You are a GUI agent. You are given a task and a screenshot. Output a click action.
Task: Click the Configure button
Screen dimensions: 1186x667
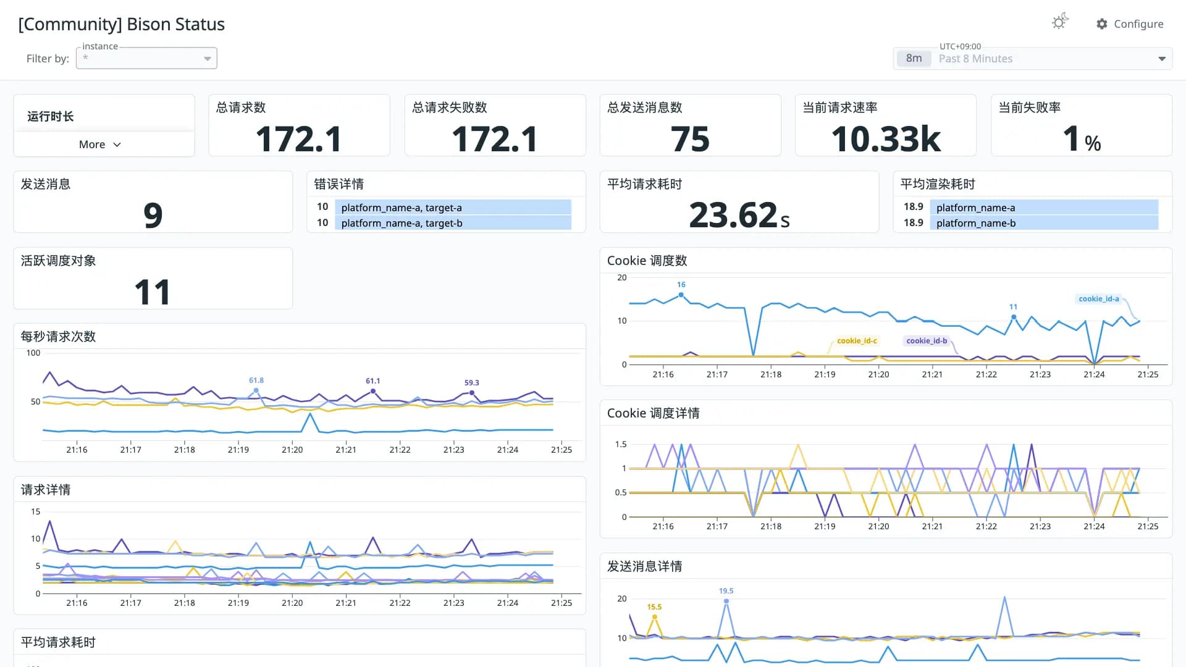pos(1130,24)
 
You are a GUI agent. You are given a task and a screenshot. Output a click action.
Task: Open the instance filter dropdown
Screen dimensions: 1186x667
pos(146,58)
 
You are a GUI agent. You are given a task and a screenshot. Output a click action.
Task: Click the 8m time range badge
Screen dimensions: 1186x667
pos(914,59)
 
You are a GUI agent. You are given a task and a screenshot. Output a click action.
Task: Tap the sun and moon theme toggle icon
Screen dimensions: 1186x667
pos(1060,22)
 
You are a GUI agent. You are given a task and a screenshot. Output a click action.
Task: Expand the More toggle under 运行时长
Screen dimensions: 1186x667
pos(100,145)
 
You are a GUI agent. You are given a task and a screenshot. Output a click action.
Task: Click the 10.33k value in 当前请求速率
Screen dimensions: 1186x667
pos(886,138)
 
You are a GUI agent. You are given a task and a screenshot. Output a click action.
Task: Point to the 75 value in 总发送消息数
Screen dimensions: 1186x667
pos(690,138)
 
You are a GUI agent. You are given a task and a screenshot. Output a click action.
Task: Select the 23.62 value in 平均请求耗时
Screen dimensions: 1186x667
pos(733,215)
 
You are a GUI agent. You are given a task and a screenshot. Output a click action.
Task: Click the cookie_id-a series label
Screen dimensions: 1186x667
pos(1099,299)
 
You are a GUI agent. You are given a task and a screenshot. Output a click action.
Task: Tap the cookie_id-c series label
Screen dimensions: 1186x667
pos(857,341)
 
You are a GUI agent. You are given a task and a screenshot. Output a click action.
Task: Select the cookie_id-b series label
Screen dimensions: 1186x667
pos(927,341)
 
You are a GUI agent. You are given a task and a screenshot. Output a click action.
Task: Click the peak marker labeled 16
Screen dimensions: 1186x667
pos(681,295)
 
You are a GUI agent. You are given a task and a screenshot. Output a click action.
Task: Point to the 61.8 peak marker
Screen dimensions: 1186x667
pos(256,390)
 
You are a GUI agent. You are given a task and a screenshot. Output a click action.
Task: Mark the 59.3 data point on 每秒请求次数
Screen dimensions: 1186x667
pos(472,393)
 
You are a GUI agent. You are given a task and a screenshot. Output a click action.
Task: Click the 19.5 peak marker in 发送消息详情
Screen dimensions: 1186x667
pos(726,601)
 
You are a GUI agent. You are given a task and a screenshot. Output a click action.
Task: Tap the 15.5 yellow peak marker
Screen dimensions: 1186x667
pos(655,617)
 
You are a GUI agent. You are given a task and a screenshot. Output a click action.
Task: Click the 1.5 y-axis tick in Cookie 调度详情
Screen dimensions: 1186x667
pos(621,444)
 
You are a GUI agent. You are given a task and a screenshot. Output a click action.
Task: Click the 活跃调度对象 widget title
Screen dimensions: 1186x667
pos(59,261)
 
